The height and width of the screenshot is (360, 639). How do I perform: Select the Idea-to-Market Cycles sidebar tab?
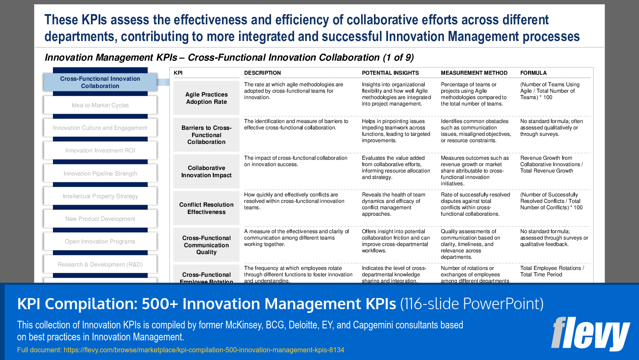coord(100,105)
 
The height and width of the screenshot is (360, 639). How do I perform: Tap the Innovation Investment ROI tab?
coord(100,150)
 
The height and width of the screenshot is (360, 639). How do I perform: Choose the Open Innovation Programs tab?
coord(100,241)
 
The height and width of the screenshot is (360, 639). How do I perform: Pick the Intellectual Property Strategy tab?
coord(100,196)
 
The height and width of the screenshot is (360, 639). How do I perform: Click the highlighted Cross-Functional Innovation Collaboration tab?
coord(100,82)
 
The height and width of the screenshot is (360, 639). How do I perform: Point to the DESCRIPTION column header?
coord(263,73)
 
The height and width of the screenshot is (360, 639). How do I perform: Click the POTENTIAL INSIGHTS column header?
coord(390,73)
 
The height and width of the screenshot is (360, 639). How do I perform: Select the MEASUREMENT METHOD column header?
coord(474,73)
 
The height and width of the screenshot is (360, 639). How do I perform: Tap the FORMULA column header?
coord(533,73)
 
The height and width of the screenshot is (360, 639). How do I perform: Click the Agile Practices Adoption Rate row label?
coord(207,98)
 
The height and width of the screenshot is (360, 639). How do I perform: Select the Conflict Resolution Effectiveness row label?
coord(207,208)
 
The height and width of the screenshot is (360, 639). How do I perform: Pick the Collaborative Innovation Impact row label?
coord(207,172)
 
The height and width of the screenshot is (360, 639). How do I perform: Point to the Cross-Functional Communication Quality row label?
coord(207,245)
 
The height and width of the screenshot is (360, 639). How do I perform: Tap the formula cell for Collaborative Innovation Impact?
coord(551,164)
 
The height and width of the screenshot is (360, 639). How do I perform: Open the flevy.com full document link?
coord(204,350)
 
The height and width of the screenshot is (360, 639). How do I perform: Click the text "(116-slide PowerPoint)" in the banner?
coord(472,304)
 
